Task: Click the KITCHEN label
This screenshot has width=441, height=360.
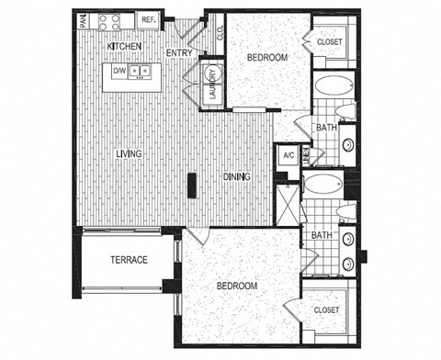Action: click(x=123, y=45)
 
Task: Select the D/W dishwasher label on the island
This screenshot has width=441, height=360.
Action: click(x=119, y=70)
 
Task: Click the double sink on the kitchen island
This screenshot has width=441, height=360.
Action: click(x=140, y=71)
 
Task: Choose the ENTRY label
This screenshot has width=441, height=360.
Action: click(x=178, y=52)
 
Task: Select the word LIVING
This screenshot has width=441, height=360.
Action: click(x=128, y=153)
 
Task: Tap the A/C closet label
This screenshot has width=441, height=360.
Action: click(x=287, y=155)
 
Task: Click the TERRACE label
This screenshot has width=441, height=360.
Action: click(x=130, y=260)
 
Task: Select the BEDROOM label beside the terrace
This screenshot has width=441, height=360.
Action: click(x=236, y=287)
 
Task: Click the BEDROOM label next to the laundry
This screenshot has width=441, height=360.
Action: click(x=267, y=57)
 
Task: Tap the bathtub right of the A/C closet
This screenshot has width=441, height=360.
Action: click(x=322, y=183)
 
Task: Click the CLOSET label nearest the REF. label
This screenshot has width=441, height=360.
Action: click(x=330, y=41)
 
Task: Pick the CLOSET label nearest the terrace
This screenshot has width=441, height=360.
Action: click(x=326, y=309)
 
